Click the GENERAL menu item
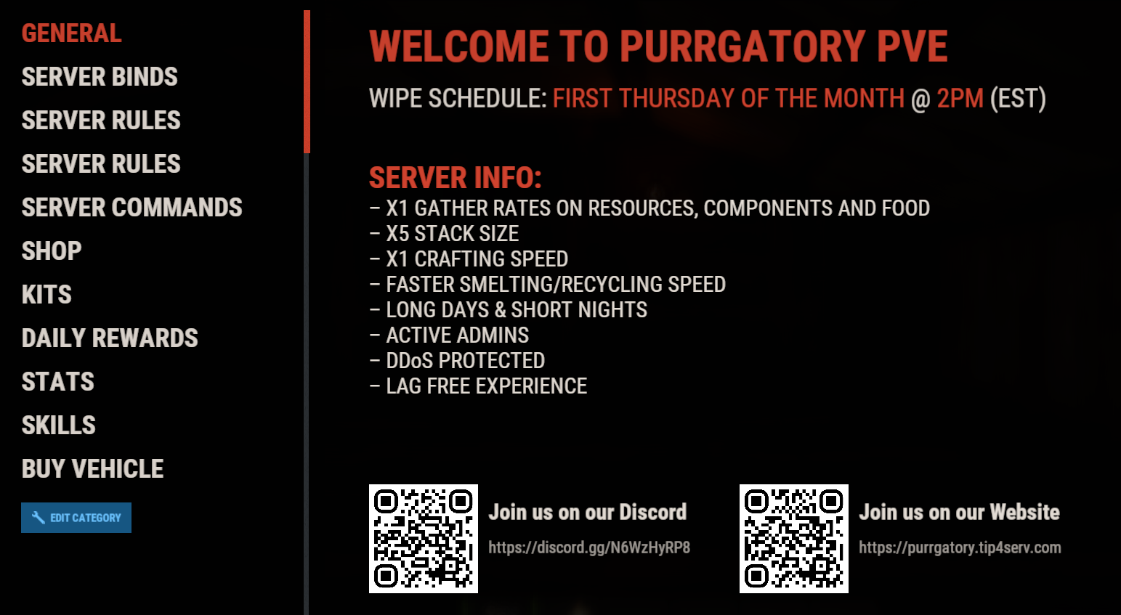point(72,33)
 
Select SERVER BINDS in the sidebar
point(100,77)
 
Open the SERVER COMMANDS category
point(132,208)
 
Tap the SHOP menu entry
point(52,251)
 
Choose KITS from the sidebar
point(46,295)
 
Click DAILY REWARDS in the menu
point(110,338)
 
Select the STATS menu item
point(58,381)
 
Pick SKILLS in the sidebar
point(59,425)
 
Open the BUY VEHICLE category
point(92,468)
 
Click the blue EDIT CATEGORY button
point(76,518)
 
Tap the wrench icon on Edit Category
point(38,518)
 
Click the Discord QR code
point(424,539)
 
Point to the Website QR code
point(793,539)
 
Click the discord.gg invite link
point(589,548)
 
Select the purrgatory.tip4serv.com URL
point(960,548)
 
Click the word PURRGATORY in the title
point(742,46)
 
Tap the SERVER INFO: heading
point(456,177)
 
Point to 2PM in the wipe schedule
point(960,98)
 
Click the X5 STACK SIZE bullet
point(445,234)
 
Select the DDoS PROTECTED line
point(458,360)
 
